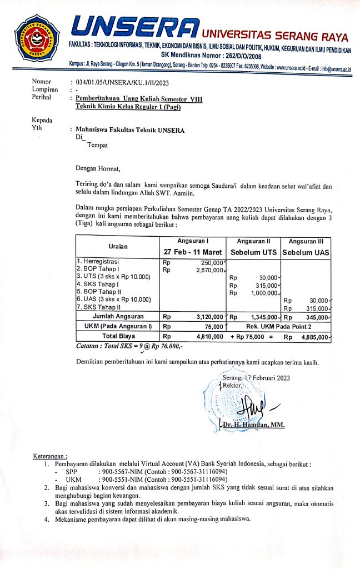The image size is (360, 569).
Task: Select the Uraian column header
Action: click(117, 247)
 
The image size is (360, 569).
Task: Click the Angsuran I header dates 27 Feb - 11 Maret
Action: click(192, 252)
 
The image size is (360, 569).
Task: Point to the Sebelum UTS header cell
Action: click(253, 253)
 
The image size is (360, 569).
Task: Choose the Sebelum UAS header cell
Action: click(306, 253)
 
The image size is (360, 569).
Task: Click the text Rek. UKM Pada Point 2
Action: click(280, 326)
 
